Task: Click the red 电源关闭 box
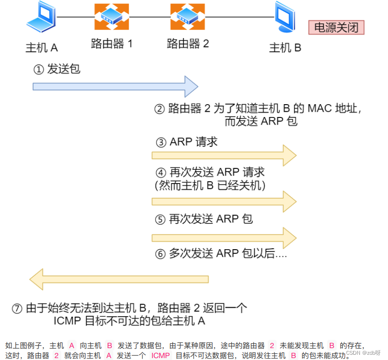[x=336, y=27]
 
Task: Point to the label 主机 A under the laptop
[x=41, y=48]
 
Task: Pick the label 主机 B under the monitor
[x=285, y=48]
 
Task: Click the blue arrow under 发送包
[x=115, y=86]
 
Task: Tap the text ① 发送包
[x=57, y=69]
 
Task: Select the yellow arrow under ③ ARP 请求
[x=224, y=155]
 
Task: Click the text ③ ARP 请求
[x=187, y=142]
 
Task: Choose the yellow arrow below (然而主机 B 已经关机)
[x=224, y=201]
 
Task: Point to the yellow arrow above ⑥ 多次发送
[x=224, y=237]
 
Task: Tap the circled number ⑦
[x=17, y=308]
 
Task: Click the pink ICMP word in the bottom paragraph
[x=160, y=355]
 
